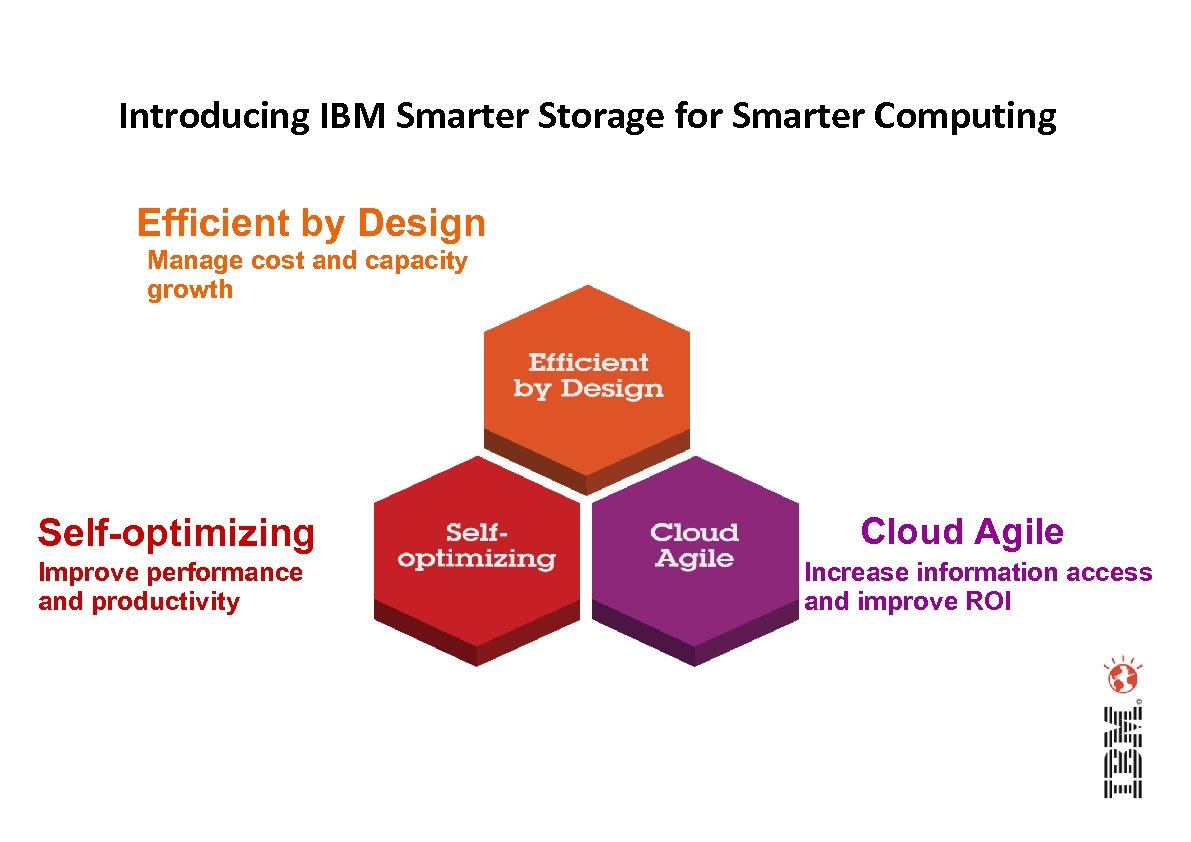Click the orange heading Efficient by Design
(311, 223)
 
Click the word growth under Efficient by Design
(190, 290)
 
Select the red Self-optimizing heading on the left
(176, 533)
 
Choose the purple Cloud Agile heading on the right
(961, 531)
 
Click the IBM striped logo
(1122, 752)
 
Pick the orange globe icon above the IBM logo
(1122, 678)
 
